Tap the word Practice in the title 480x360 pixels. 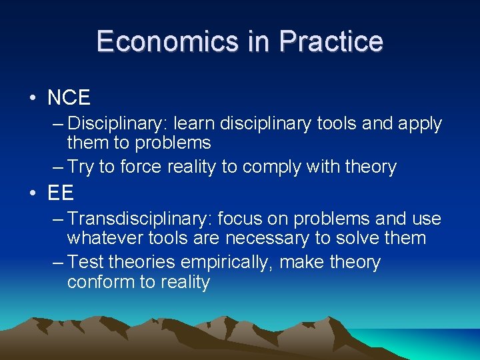pos(331,41)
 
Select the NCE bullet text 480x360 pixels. pos(69,98)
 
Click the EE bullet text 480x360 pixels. pos(60,193)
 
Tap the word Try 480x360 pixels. pos(81,167)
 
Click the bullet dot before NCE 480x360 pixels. pos(33,99)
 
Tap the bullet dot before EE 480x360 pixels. pos(33,194)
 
